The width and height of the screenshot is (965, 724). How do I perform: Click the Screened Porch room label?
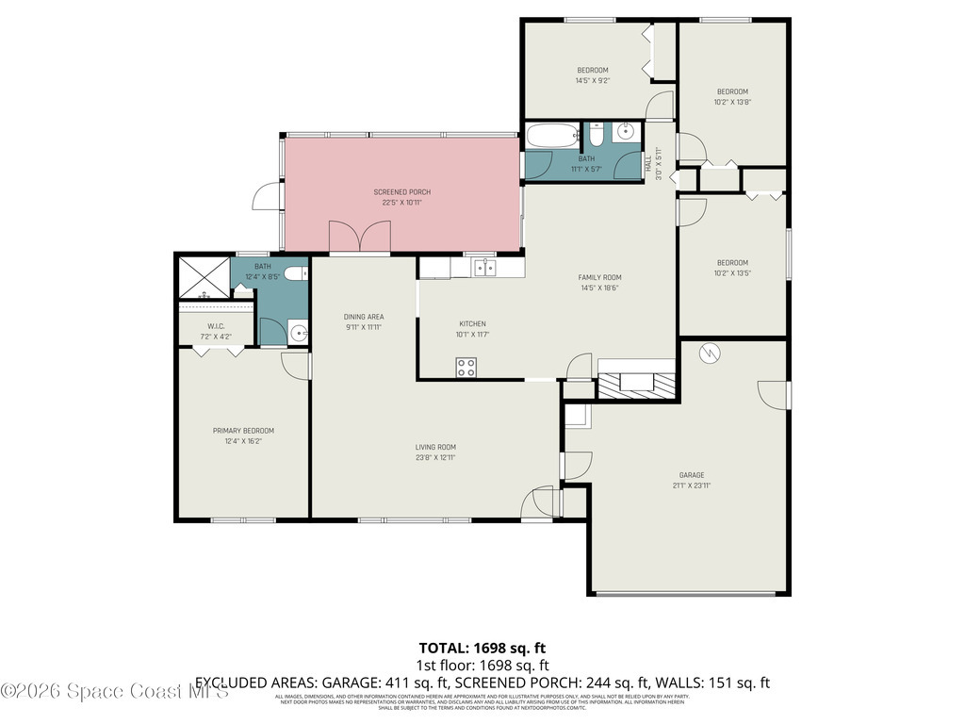401,191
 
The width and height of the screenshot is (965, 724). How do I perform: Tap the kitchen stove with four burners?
466,368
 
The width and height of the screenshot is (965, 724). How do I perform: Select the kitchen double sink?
485,268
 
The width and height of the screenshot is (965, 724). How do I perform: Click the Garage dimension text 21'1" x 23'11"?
692,486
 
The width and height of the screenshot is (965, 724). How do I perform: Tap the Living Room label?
435,447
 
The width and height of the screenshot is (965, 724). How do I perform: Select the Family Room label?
599,277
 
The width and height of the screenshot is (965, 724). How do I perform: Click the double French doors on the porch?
359,237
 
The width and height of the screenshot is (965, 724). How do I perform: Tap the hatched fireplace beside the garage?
638,387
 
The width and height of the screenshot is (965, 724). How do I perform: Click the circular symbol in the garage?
709,353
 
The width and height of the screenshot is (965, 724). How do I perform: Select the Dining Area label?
364,317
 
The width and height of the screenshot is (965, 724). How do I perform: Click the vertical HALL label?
648,162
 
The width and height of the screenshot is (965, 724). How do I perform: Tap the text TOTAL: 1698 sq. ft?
482,648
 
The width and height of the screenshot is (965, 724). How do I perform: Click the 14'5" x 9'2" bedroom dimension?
593,81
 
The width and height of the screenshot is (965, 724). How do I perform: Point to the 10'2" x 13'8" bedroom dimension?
731,102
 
